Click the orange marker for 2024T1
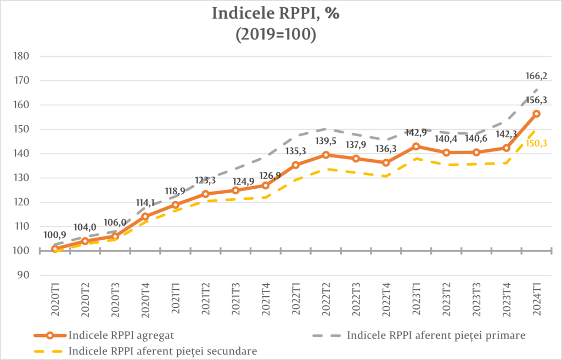tap(537, 114)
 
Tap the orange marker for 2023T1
tap(416, 147)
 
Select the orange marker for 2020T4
tap(145, 216)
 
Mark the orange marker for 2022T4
tap(386, 162)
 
